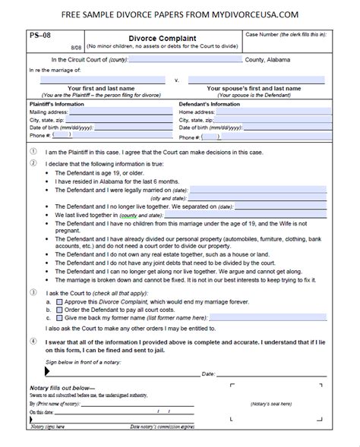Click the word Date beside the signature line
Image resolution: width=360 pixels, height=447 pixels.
(208, 374)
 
